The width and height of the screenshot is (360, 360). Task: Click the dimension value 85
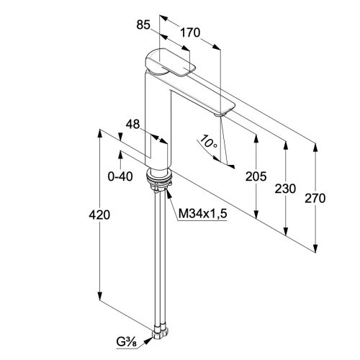(x=143, y=24)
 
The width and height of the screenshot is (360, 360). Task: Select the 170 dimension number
(x=190, y=32)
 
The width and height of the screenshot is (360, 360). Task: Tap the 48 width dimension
(x=132, y=124)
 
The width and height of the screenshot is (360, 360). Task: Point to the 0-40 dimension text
(x=120, y=177)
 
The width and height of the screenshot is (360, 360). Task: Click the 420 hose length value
(x=99, y=215)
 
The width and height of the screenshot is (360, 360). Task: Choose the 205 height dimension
(x=256, y=176)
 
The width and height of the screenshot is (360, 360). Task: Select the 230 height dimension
(x=285, y=189)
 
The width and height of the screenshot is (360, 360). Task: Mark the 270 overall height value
(x=315, y=199)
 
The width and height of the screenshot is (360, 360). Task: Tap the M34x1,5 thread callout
(x=202, y=213)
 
